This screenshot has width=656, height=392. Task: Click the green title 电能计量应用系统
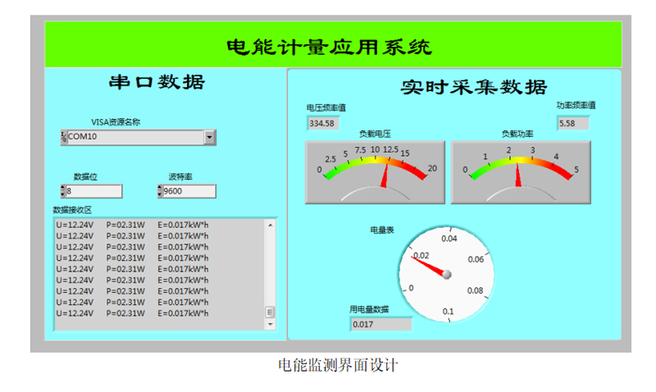pos(329,47)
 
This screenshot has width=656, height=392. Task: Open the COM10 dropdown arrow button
pos(210,137)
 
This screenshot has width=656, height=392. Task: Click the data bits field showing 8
pos(93,191)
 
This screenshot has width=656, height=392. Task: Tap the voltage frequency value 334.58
pos(322,123)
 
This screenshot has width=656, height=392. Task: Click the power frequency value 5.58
pos(572,123)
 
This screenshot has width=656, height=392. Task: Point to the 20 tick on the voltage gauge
pos(432,168)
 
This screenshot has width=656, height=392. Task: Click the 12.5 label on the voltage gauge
pos(390,149)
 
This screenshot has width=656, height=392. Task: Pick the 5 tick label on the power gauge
pos(576,170)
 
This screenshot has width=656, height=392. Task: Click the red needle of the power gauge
pos(518,175)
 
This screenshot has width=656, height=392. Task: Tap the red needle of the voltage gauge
pos(385,175)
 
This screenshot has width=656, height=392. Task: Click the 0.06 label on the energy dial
pos(476,259)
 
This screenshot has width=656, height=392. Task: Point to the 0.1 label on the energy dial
pos(448,312)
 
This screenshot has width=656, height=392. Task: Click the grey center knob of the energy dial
pos(447,274)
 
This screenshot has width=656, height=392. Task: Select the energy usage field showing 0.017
pos(380,324)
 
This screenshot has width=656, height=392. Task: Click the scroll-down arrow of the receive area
pos(271,324)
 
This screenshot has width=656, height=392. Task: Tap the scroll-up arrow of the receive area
pos(271,225)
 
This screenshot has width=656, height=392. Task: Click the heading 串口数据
pos(157,82)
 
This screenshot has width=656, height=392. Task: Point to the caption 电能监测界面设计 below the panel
pos(338,365)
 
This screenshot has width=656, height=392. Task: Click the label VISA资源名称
pos(116,122)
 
